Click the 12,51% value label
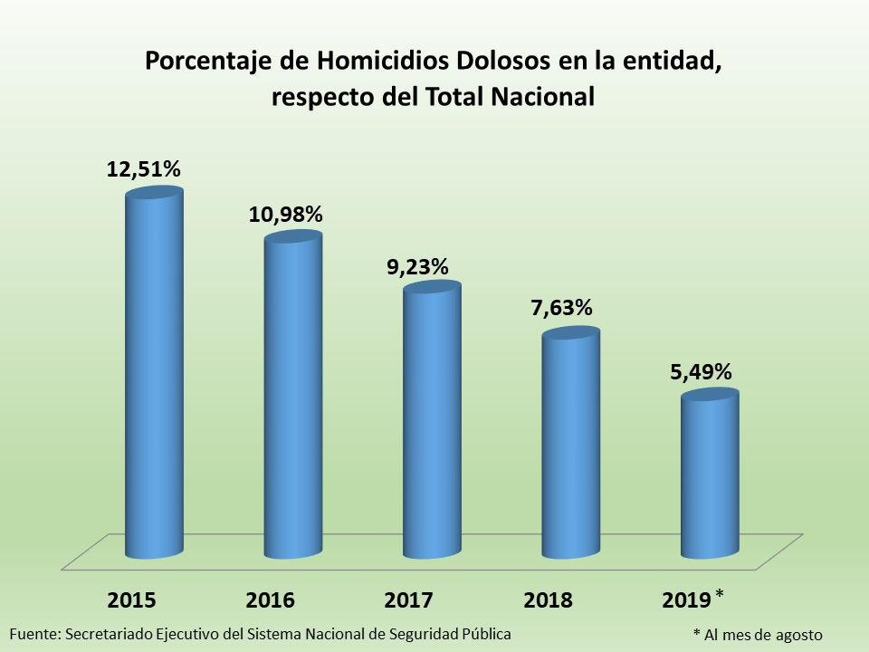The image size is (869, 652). coord(144,168)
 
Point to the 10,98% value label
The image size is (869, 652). coord(285,215)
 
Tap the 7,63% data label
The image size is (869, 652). coord(562,308)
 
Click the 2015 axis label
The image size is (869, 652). coord(132,600)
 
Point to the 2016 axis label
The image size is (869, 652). coord(271,600)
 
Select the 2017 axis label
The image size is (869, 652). coord(409,600)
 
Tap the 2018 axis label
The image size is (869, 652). coord(549,600)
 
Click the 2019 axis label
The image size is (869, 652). coord(687,600)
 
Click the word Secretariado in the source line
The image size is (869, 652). coord(108,633)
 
